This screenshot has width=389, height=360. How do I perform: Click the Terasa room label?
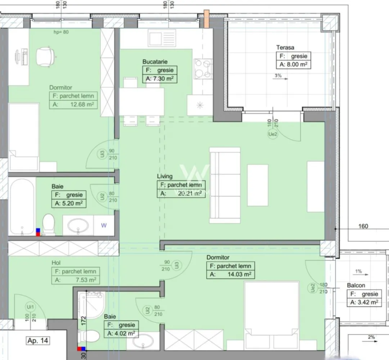pos(285,47)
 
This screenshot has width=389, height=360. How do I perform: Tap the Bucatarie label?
pos(155,62)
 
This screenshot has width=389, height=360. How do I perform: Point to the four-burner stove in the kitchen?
pos(203,68)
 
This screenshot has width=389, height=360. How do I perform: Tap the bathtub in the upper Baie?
pos(22,206)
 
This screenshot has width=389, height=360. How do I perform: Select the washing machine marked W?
pos(104,226)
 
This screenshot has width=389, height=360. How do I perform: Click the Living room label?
pos(164,176)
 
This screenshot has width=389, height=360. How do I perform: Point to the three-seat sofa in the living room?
pos(225,185)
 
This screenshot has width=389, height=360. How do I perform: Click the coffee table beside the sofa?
pos(258,185)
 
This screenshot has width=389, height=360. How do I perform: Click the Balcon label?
pos(356,285)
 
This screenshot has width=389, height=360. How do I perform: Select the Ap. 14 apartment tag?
pos(38,340)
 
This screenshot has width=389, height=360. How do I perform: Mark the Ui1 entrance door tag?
pos(29,307)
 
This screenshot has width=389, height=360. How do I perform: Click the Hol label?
pos(57,263)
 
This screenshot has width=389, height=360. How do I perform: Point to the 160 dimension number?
pos(363,226)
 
